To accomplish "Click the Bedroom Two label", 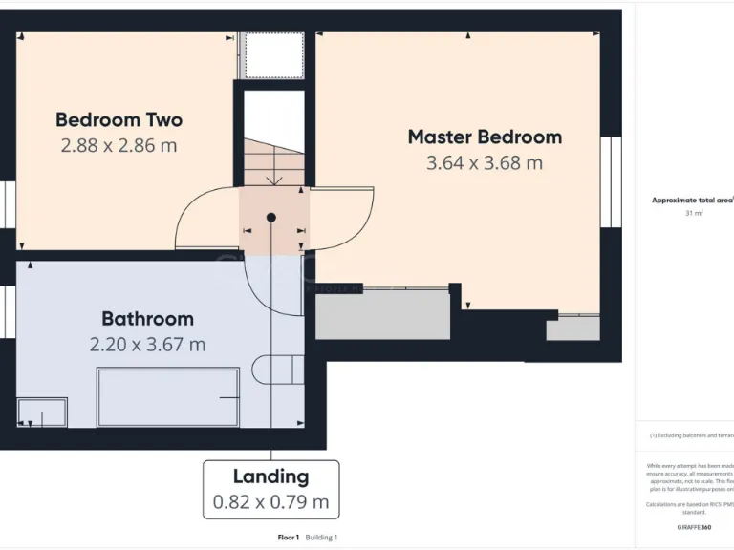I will pos(119,120).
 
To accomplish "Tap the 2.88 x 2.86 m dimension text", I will pos(119,146).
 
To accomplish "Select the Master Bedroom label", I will pos(485,137).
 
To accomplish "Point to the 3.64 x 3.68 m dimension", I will pos(485,163).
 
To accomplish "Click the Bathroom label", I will pos(147,319).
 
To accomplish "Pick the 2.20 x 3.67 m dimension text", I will pos(147,345).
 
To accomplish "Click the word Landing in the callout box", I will pos(270,476).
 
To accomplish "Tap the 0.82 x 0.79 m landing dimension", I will pos(270,501).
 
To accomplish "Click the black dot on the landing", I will pos(271,218).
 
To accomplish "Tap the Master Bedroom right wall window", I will pos(610,182).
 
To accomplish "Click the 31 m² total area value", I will pos(694,214).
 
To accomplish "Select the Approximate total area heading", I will pos(692,200).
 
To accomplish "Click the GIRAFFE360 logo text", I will pos(693,527).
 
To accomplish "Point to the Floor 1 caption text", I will pos(289,538).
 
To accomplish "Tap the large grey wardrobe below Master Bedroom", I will pos(382,316).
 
